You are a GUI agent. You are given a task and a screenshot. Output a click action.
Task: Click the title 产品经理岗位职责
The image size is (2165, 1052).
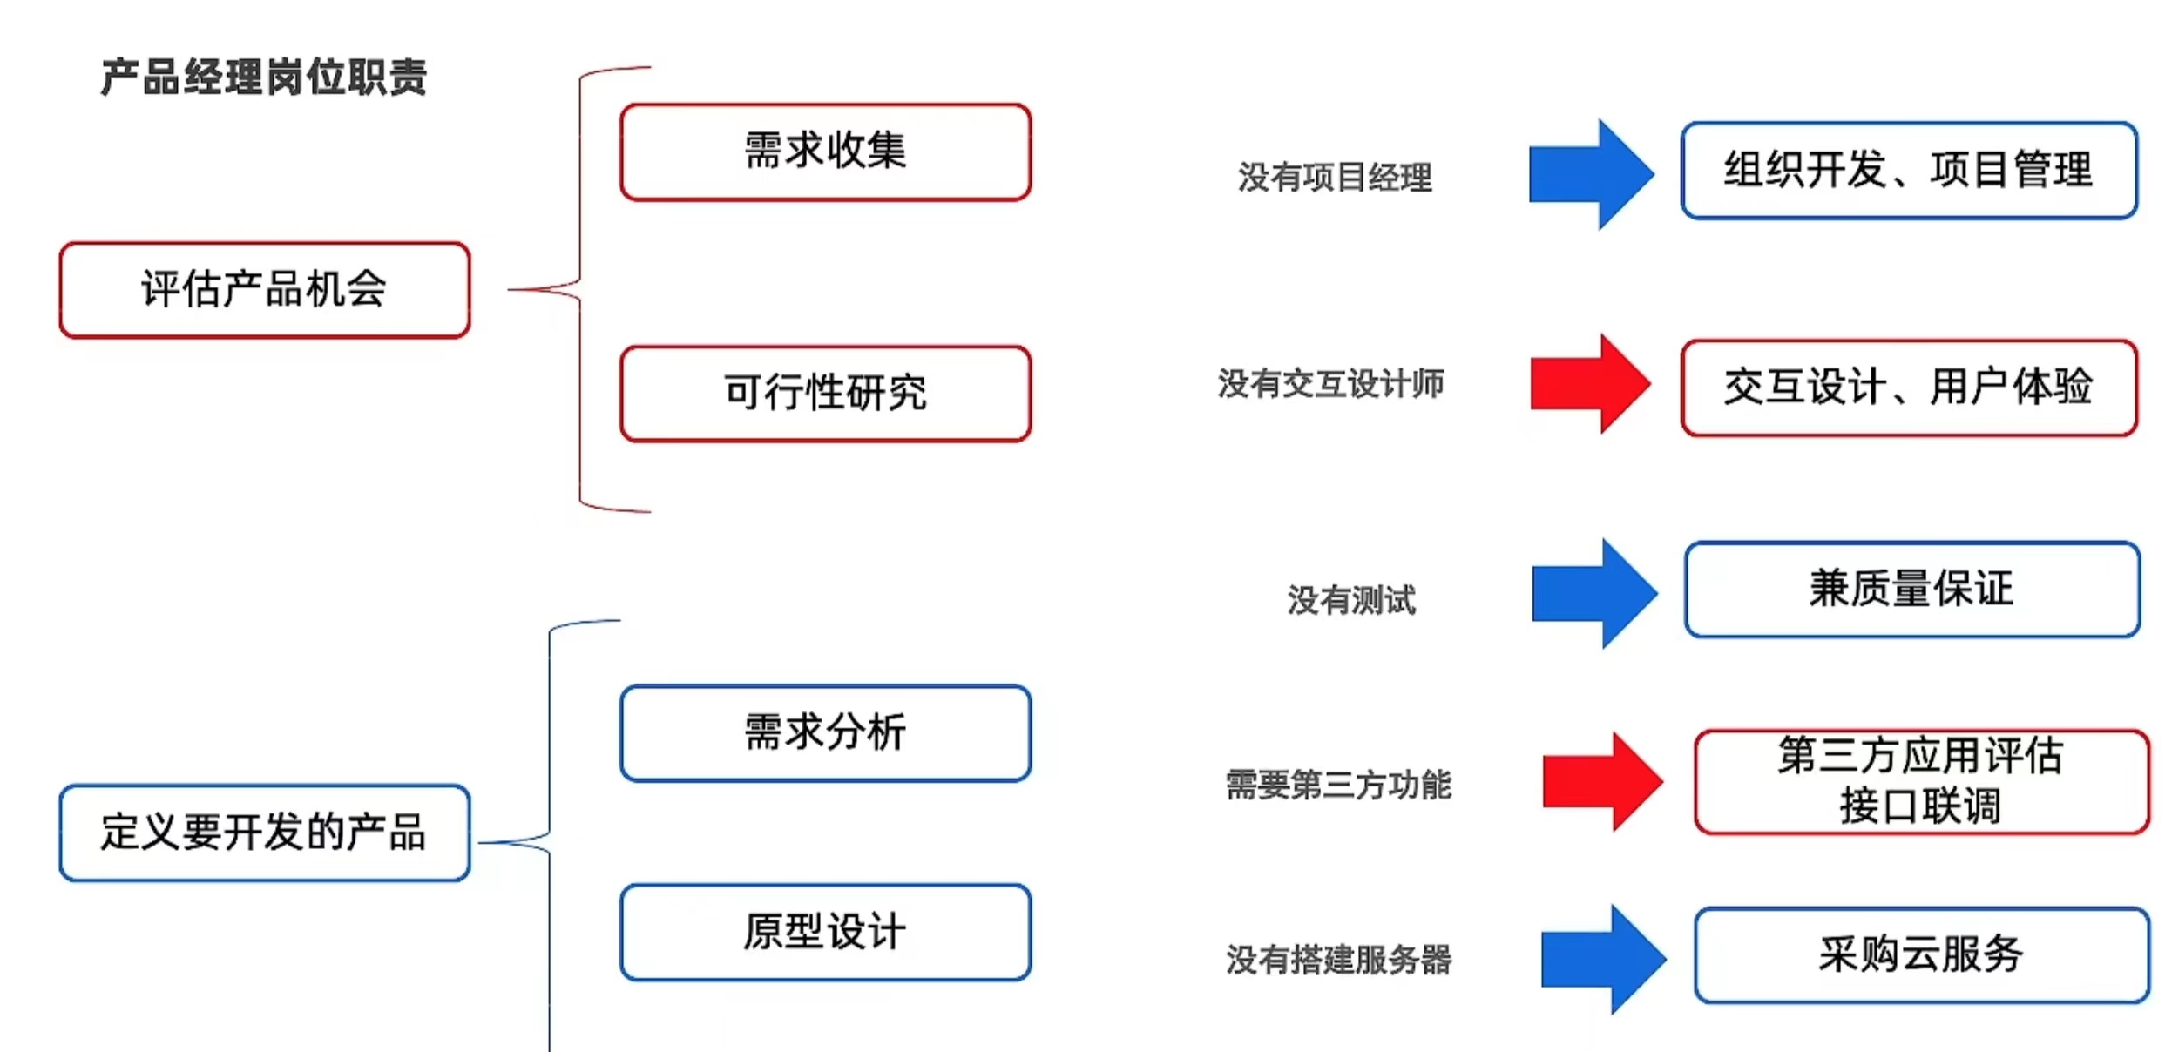tap(263, 77)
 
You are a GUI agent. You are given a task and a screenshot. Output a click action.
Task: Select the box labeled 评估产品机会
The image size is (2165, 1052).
tap(265, 290)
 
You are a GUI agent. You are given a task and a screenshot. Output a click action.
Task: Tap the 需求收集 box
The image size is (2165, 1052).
tap(825, 152)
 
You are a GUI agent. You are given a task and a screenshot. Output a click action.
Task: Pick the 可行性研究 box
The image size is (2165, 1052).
tap(825, 394)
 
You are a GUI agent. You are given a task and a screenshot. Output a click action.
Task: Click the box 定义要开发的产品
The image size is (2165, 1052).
tap(265, 833)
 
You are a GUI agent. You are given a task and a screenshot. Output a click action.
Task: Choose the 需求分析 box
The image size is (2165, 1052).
tap(825, 733)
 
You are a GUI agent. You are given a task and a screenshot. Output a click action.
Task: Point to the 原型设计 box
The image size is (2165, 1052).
tap(825, 933)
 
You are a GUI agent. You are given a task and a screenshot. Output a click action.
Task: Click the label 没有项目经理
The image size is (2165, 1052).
tap(1335, 178)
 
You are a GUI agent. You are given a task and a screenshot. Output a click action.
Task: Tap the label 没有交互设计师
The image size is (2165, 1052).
tap(1330, 384)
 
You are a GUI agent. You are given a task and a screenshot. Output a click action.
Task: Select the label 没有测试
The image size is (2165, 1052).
tap(1351, 600)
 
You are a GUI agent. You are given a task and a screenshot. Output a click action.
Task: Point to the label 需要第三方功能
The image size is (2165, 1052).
tap(1338, 785)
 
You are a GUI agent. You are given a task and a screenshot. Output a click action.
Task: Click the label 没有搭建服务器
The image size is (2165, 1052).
tap(1338, 960)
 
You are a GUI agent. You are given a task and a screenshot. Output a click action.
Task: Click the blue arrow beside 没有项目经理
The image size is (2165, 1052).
tap(1590, 174)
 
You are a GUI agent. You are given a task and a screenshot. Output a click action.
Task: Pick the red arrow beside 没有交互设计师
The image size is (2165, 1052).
tap(1590, 383)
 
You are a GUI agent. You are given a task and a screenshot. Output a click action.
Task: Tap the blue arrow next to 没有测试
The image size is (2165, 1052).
tap(1593, 593)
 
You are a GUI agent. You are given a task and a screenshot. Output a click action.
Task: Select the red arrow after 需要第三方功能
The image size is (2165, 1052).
tap(1601, 781)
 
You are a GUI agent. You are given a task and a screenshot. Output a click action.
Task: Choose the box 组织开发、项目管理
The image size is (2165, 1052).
tap(1909, 171)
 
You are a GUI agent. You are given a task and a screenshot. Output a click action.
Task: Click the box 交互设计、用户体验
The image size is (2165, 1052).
tap(1909, 388)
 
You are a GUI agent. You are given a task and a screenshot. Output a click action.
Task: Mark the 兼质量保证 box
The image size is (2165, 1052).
tap(1912, 590)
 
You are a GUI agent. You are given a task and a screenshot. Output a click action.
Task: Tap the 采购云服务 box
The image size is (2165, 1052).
tap(1921, 955)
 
